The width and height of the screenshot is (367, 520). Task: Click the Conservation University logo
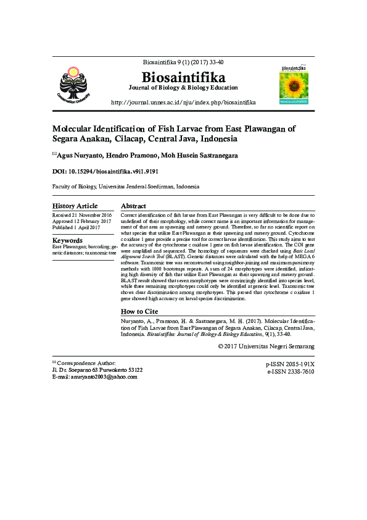78,82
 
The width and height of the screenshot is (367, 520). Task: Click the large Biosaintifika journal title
183,77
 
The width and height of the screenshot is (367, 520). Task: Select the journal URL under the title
183,101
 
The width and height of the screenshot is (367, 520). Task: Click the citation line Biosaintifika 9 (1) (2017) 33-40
183,62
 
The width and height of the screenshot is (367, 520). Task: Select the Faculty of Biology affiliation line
126,186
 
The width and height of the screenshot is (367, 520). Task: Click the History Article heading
75,206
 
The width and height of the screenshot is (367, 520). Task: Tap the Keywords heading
68,240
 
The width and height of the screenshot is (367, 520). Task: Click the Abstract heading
133,206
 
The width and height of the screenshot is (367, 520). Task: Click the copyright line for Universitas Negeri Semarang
266,346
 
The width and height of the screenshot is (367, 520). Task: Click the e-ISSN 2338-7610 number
290,372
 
